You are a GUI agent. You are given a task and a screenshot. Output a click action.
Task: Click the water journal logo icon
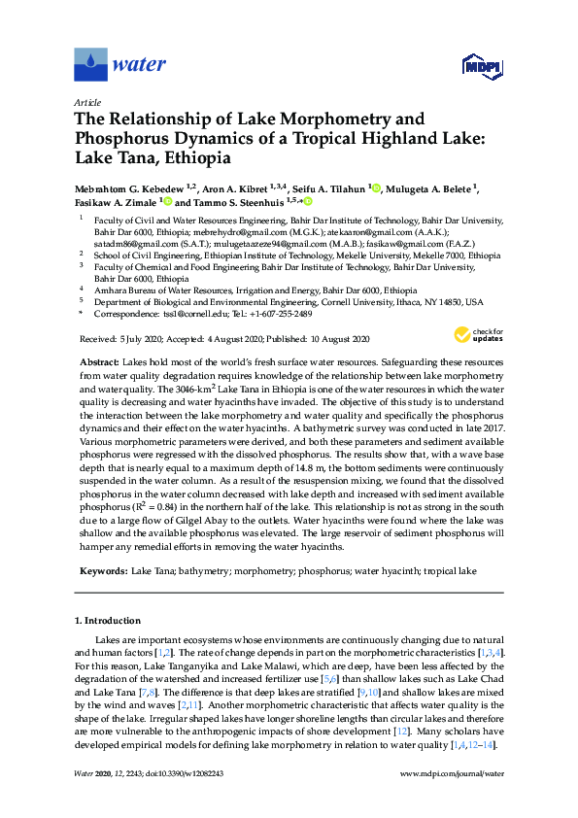(90, 65)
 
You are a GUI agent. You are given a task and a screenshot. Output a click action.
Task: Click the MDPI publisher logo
(482, 66)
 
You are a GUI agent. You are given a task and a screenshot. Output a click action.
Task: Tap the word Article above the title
(86, 102)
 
